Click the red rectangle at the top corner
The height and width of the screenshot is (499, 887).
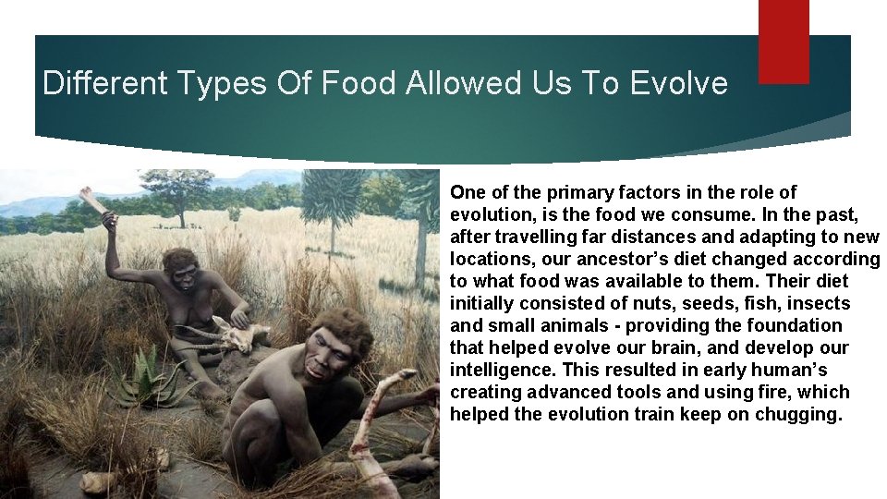click(x=784, y=41)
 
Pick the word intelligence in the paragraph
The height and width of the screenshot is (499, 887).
click(x=494, y=370)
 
